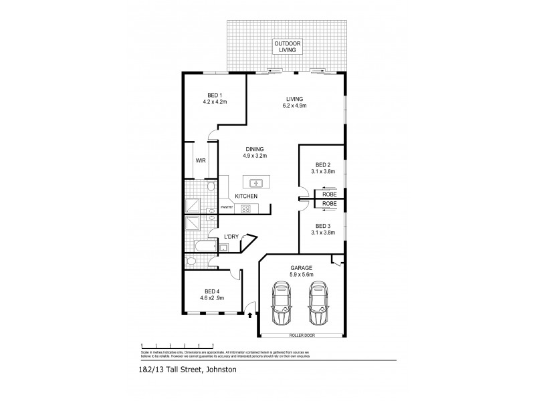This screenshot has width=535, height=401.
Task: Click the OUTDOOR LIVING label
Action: [x=287, y=46]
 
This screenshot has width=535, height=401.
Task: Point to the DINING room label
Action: [x=254, y=149]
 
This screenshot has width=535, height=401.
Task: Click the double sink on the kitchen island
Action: [x=255, y=182]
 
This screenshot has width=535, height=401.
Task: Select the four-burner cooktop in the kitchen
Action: [x=245, y=209]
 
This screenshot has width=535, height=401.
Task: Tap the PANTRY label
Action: [x=228, y=207]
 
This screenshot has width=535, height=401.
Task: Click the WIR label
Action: [x=200, y=161]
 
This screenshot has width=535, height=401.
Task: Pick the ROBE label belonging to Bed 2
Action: [x=329, y=194]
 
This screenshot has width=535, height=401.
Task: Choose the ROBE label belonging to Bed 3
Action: [x=329, y=203]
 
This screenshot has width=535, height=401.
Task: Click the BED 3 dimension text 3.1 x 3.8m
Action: [x=323, y=233]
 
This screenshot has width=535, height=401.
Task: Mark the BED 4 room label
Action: [x=212, y=291]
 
